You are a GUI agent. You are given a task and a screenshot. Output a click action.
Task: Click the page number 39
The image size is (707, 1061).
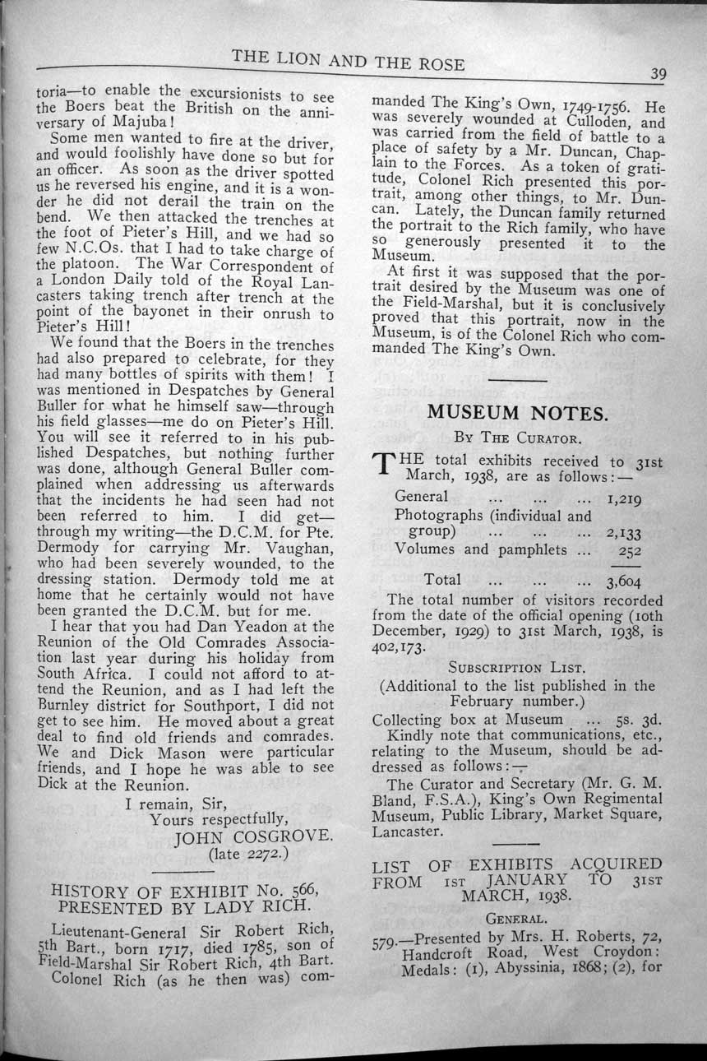click(658, 73)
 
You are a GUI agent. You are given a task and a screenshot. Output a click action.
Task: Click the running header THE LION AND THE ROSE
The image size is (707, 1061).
click(348, 61)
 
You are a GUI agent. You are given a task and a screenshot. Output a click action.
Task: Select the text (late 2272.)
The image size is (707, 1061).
click(245, 855)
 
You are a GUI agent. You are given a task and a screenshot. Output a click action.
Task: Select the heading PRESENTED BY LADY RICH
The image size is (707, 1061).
click(182, 908)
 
